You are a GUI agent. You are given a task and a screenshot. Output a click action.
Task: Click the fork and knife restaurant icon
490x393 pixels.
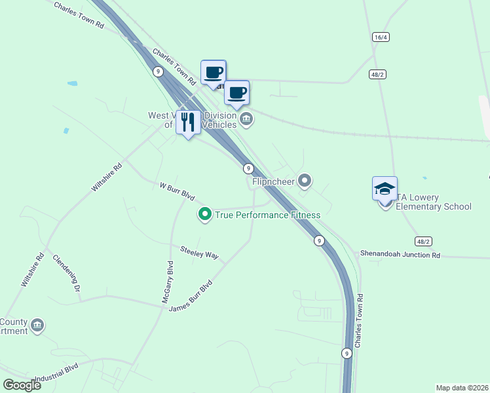[x=189, y=122]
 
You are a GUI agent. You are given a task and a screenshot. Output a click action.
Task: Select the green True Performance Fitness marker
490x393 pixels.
[x=205, y=214]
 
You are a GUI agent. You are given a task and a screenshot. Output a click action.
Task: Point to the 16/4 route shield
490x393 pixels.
[x=381, y=37]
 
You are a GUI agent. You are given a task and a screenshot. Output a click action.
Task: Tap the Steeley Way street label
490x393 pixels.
[x=199, y=252]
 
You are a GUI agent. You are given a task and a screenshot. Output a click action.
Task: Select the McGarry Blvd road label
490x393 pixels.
[x=169, y=282]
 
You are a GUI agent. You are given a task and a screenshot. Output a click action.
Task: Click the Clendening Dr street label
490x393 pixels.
[x=66, y=273]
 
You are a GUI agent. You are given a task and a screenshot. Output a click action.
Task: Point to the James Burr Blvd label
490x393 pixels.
[x=191, y=297]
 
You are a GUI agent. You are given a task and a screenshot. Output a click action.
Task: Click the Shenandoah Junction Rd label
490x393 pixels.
[x=400, y=255]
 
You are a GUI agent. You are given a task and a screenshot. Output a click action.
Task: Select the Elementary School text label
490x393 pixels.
[x=434, y=207]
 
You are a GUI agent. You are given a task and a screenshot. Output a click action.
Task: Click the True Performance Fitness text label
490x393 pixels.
[x=268, y=215]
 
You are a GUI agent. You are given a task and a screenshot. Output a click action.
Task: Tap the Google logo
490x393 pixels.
[x=22, y=385]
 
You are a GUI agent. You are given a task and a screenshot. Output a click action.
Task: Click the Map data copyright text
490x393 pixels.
[x=462, y=388]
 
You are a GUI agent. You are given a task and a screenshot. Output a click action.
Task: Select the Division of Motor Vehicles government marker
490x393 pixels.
[x=246, y=119]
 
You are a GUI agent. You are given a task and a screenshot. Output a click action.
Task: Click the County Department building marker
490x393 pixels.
[x=37, y=325]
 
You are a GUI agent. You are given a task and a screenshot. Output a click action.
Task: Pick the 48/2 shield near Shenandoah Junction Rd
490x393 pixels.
[x=423, y=241]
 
